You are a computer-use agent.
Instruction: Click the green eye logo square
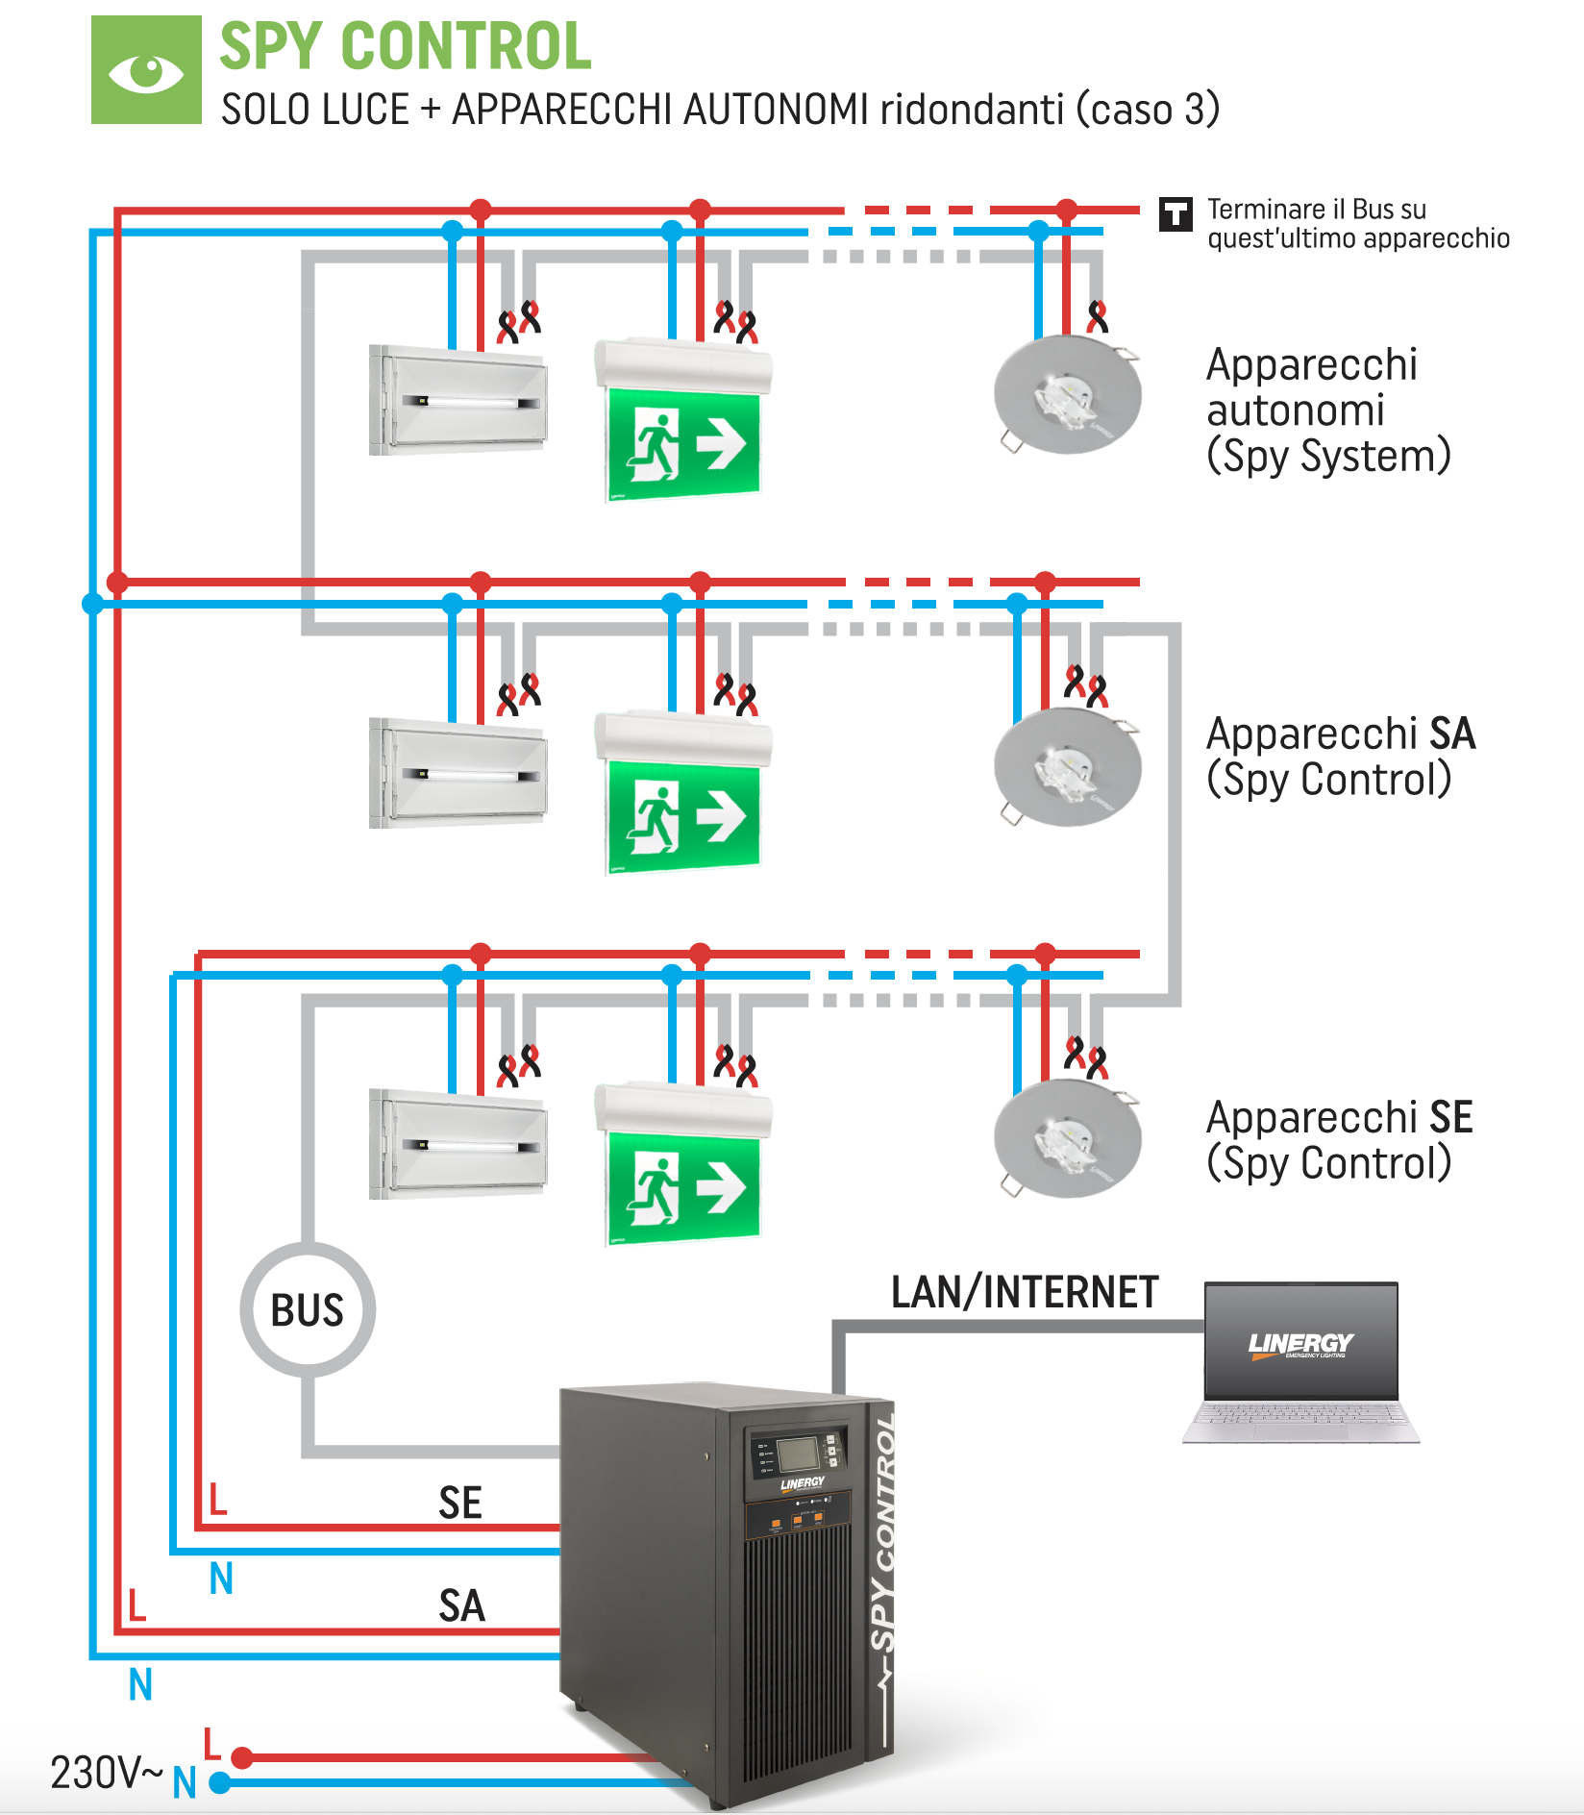tap(146, 69)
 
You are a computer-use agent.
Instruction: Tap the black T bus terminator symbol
tap(1176, 213)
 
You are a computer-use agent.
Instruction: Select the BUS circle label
tap(308, 1310)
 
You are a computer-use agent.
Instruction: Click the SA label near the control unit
tap(461, 1606)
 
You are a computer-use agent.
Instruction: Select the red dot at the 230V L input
tap(242, 1757)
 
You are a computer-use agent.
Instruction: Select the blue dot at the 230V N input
tap(220, 1783)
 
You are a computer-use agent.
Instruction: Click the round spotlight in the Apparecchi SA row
tap(1067, 767)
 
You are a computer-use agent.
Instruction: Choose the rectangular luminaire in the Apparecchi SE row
tap(458, 1144)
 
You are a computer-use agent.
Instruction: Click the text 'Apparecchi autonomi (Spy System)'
tap(1326, 410)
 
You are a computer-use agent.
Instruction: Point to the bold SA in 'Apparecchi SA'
tap(1451, 734)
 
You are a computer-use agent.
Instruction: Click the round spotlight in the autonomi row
tap(1067, 395)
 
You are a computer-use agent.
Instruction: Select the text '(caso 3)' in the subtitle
tap(1148, 110)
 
